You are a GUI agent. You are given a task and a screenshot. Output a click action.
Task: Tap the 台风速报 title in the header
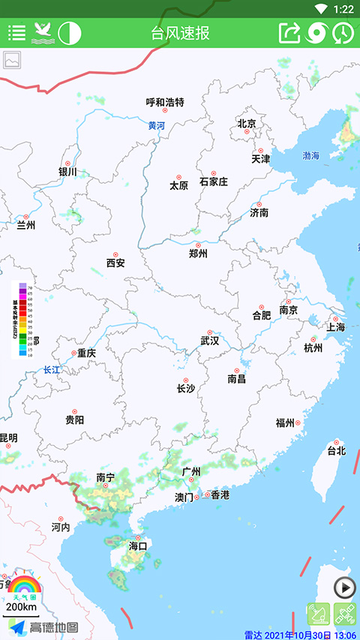click(180, 33)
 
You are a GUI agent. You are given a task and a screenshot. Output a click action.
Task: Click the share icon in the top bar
click(289, 33)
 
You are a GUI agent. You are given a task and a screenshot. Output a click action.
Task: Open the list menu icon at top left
click(16, 33)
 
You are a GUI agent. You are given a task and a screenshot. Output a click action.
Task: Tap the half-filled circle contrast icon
click(70, 33)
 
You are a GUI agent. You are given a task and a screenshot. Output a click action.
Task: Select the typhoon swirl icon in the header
click(317, 33)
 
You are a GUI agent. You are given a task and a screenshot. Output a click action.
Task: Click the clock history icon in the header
click(343, 33)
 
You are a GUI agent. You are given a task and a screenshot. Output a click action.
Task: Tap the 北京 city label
click(247, 124)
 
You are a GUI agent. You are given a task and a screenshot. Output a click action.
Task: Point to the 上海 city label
click(335, 327)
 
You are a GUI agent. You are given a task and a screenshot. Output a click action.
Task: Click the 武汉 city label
click(210, 341)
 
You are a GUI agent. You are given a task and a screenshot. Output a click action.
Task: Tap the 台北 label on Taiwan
click(336, 451)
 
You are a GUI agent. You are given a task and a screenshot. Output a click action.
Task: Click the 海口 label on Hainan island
click(138, 545)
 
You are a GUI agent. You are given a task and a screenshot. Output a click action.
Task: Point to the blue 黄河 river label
click(156, 126)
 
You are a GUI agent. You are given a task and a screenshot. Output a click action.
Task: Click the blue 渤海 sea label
click(310, 155)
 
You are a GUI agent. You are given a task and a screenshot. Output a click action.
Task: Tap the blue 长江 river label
click(51, 370)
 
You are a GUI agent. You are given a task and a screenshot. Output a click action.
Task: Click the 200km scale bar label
click(21, 606)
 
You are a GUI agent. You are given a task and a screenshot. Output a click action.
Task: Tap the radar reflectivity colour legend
click(22, 320)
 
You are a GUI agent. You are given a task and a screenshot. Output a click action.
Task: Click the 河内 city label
click(61, 527)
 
